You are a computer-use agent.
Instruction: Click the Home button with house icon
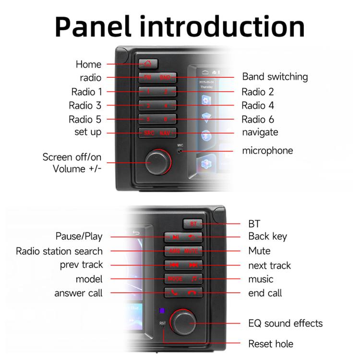(x=147, y=63)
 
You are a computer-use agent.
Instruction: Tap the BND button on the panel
(x=165, y=77)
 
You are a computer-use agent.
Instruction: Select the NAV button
(x=165, y=133)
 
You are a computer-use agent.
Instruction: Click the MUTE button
(x=191, y=251)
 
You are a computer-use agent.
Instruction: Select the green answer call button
(x=174, y=292)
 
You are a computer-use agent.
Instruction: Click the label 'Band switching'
(x=275, y=77)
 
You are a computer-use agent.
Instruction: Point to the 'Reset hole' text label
(x=270, y=344)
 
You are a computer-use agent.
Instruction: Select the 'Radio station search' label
(x=59, y=251)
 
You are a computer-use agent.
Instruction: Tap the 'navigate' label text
(x=260, y=132)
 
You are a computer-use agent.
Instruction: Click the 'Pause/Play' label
(x=79, y=237)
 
